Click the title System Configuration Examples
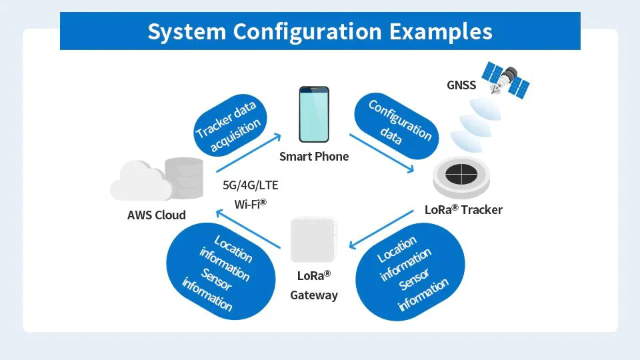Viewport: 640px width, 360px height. pyautogui.click(x=320, y=31)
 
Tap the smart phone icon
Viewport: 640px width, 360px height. pyautogui.click(x=313, y=114)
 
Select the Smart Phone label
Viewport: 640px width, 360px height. pyautogui.click(x=313, y=156)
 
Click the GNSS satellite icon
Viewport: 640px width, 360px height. pyautogui.click(x=505, y=79)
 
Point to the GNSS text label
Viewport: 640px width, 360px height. pyautogui.click(x=461, y=85)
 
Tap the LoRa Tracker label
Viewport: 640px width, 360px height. pyautogui.click(x=463, y=209)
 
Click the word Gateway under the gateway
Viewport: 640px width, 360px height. pyautogui.click(x=314, y=295)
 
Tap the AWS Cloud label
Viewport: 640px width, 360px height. pyautogui.click(x=156, y=215)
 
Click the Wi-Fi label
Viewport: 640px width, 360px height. pyautogui.click(x=250, y=203)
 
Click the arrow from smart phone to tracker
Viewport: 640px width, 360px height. pyautogui.click(x=382, y=154)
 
